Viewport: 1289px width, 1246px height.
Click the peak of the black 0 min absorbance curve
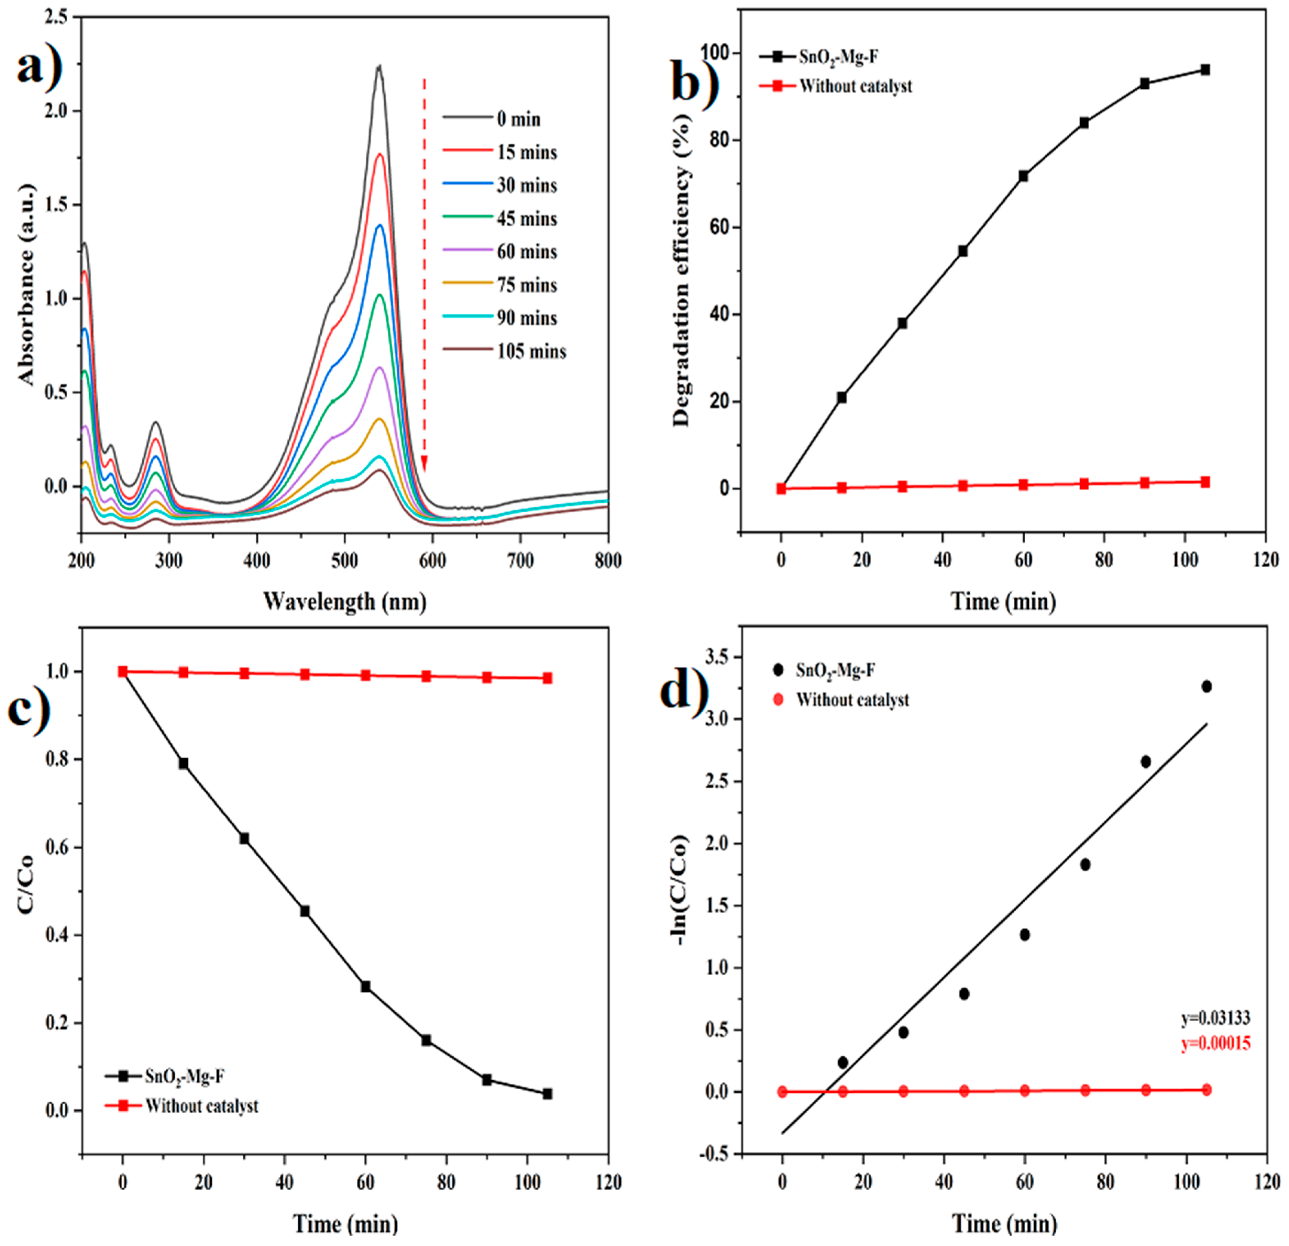click(379, 66)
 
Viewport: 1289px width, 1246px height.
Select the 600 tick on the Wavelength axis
click(432, 561)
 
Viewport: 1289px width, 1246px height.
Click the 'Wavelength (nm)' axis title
click(345, 601)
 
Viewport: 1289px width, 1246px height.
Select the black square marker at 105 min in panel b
click(1205, 70)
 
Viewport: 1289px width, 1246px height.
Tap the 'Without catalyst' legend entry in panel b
click(855, 86)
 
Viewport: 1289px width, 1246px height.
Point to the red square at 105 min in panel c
click(547, 678)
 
